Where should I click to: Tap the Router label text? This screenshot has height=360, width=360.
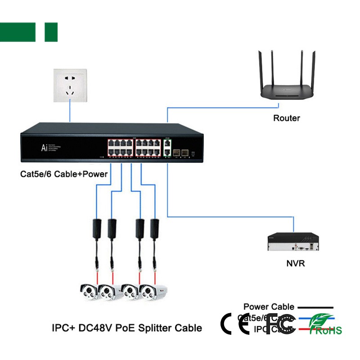[x=286, y=118]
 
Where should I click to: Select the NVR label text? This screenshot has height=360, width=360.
[x=296, y=263]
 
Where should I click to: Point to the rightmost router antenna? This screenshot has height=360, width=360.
[x=312, y=67]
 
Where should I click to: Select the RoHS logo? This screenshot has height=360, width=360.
[x=327, y=325]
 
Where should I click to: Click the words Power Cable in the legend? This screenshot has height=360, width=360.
[x=269, y=307]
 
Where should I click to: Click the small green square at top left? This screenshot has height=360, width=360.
[x=51, y=32]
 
